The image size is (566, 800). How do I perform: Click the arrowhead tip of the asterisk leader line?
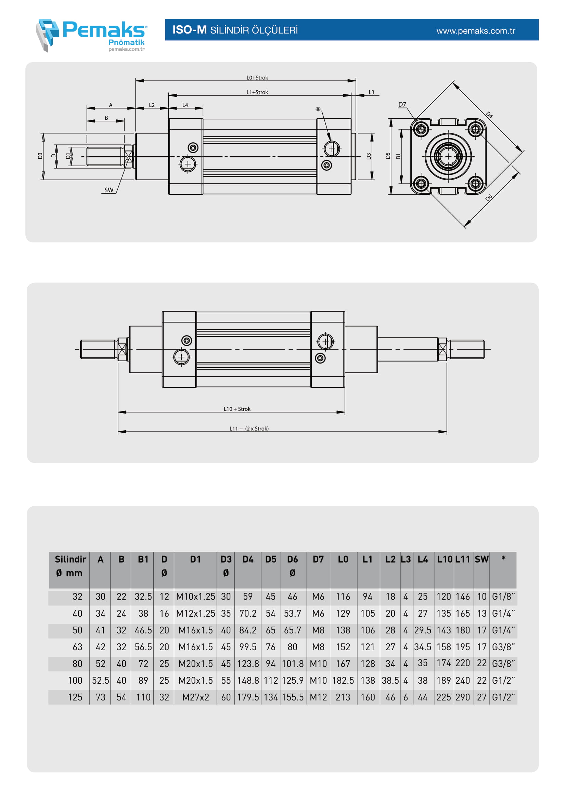tap(330, 141)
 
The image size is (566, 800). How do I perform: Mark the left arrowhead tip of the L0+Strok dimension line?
tap(136, 81)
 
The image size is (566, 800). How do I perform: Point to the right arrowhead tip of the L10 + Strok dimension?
tap(345, 412)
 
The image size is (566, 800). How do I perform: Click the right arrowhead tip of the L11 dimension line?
tap(447, 432)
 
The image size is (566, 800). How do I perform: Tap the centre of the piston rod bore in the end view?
tap(448, 156)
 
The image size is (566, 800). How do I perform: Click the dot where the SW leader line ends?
tap(128, 160)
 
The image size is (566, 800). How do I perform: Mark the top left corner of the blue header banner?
tap(165, 19)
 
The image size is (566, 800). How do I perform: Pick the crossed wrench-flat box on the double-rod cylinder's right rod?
tap(442, 349)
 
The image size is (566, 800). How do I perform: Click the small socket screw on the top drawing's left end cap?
tap(193, 148)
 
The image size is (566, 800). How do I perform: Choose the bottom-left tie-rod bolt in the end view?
tap(421, 183)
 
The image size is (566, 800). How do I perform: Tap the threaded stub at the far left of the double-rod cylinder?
tap(98, 349)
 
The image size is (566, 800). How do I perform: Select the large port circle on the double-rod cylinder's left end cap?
tap(181, 357)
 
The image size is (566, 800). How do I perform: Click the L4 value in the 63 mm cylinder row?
tap(422, 647)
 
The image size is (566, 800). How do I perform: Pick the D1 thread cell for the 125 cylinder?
tap(195, 697)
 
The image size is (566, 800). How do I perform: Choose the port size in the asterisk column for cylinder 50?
tap(503, 630)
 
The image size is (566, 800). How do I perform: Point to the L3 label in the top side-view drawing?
tap(372, 92)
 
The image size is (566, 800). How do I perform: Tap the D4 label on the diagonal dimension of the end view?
tap(489, 115)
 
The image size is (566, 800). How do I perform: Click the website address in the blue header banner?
tap(476, 31)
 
